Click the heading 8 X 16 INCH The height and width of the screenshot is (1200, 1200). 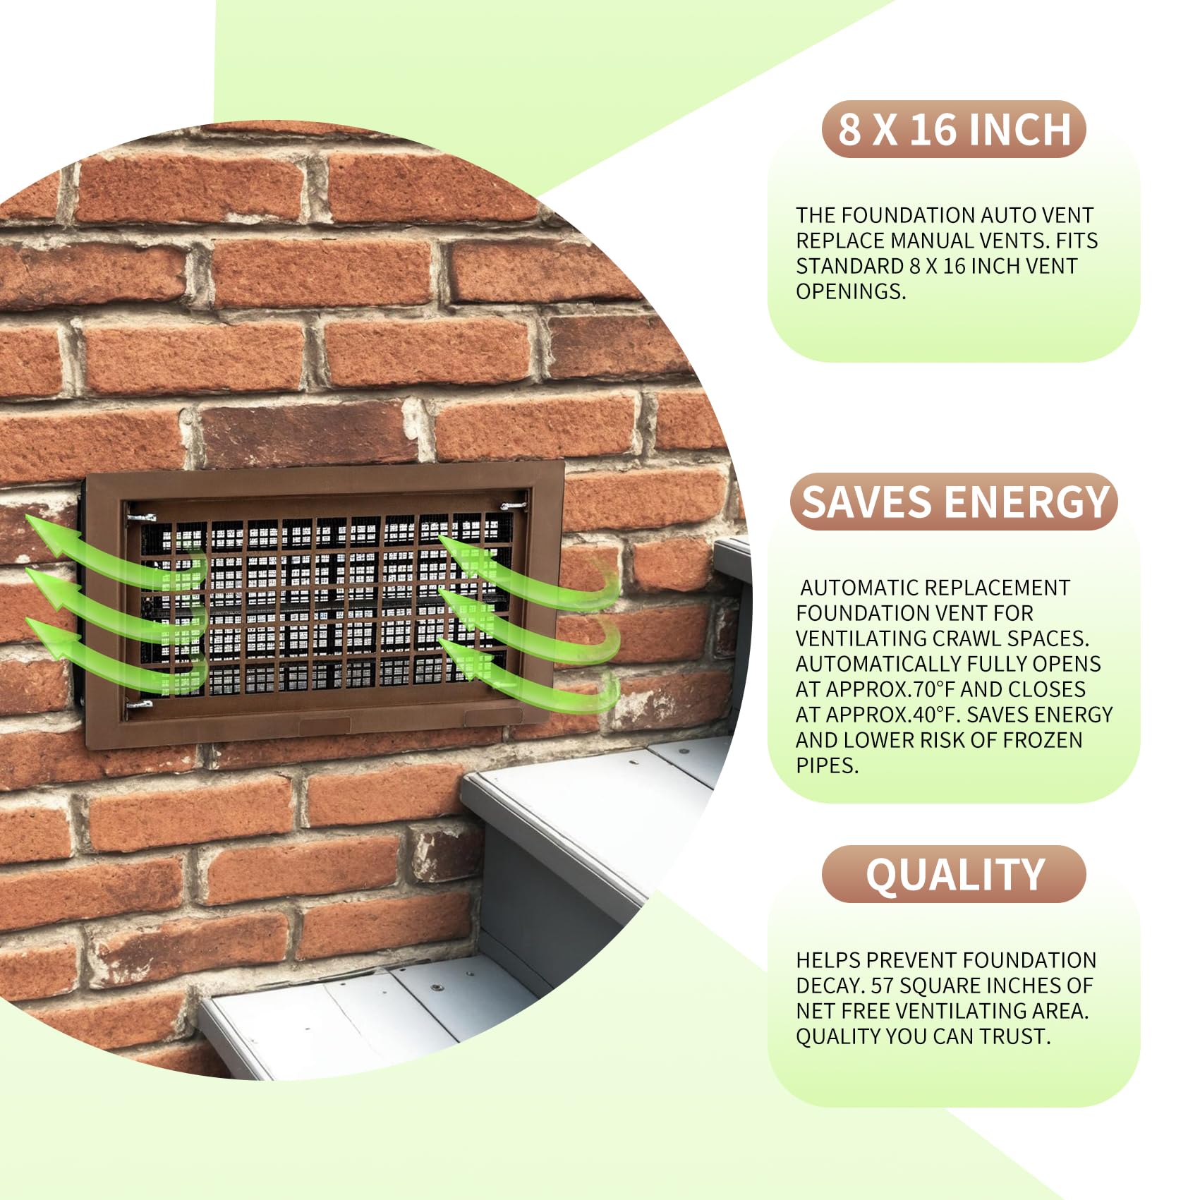click(x=954, y=130)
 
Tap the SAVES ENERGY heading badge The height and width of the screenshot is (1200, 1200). click(x=954, y=502)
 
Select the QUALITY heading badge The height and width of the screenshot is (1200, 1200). click(x=954, y=875)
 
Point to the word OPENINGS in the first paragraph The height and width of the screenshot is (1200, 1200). click(x=850, y=291)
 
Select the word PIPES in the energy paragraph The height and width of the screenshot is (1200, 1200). click(x=826, y=765)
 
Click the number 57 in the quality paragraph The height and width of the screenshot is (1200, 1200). click(x=882, y=986)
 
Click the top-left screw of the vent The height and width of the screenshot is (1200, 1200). click(x=140, y=518)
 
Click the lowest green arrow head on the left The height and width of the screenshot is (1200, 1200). click(x=44, y=631)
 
